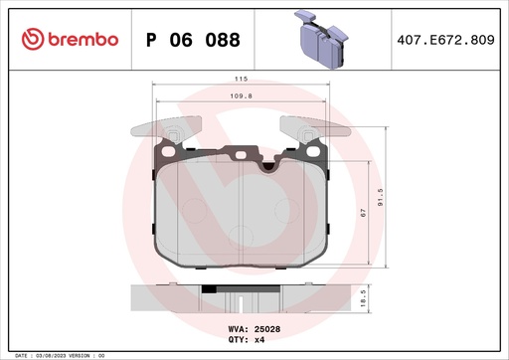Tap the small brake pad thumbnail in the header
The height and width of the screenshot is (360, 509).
click(324, 38)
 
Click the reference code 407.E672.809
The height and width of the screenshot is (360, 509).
click(444, 39)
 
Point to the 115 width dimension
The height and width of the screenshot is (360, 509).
click(240, 79)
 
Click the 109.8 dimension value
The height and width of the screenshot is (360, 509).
click(243, 96)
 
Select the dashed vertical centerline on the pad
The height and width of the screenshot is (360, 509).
click(242, 219)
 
